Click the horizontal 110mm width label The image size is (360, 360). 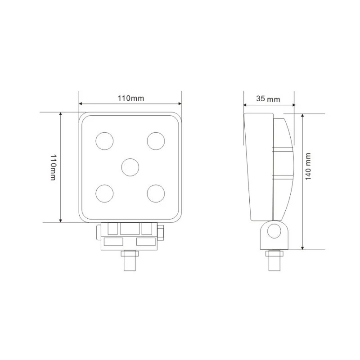coord(131,98)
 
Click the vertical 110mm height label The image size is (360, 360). coord(53,167)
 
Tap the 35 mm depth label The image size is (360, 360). coord(268,99)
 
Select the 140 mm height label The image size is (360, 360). coord(308,166)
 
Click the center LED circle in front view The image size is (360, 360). coord(130,167)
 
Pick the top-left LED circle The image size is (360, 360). coord(104,141)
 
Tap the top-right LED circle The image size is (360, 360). coord(156,141)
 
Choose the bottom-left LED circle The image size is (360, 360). coord(104,193)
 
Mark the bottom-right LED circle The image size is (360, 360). coord(156,193)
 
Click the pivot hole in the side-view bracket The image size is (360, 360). coord(274,231)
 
